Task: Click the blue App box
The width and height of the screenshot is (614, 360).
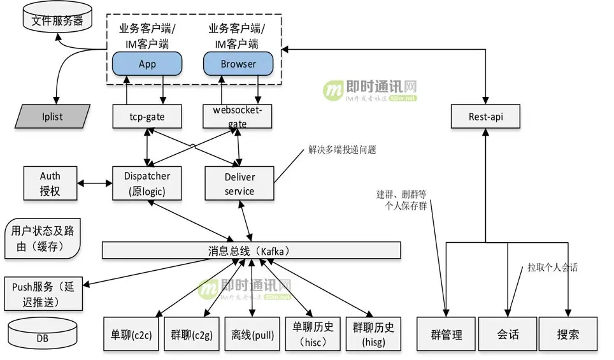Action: click(147, 64)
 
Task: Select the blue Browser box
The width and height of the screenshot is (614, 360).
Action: click(238, 64)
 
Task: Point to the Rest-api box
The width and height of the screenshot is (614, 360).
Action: click(485, 117)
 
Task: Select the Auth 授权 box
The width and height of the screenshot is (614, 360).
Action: click(50, 183)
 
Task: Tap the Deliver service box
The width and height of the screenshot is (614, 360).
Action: click(239, 184)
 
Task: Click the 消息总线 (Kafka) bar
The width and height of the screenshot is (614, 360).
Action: click(252, 250)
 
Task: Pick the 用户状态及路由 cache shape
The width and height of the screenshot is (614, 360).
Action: click(42, 239)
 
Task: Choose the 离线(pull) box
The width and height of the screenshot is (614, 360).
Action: click(252, 334)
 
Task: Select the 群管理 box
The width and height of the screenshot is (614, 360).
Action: click(446, 334)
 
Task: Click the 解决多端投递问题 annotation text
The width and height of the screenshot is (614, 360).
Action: click(342, 150)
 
